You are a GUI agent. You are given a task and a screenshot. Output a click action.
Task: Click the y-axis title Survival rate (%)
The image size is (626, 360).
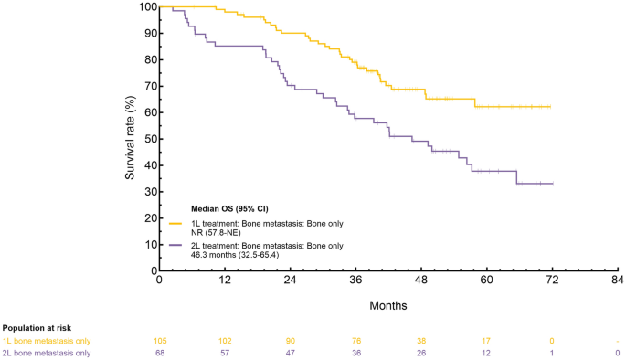(x=130, y=138)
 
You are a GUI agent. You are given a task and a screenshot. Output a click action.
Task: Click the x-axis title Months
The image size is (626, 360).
(x=388, y=306)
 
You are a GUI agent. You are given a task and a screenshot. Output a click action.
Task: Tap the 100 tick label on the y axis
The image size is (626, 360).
(x=147, y=6)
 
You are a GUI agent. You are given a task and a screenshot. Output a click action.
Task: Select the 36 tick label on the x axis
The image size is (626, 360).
(x=355, y=280)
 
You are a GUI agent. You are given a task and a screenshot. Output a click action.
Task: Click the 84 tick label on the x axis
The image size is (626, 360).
(x=618, y=280)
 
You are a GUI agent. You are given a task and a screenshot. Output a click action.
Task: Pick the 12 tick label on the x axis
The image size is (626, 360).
(x=225, y=280)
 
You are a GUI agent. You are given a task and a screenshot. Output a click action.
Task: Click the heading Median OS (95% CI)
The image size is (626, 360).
(x=229, y=208)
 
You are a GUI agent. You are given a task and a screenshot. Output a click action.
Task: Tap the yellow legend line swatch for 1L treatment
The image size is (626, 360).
(x=175, y=224)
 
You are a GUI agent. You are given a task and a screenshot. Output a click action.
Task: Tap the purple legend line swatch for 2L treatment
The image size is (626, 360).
(x=175, y=246)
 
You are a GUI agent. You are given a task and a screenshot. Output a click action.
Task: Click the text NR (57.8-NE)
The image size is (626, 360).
(x=216, y=232)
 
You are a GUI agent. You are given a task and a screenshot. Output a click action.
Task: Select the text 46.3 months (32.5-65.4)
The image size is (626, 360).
(x=235, y=254)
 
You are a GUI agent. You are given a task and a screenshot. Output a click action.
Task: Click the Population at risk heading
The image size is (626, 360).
(x=37, y=328)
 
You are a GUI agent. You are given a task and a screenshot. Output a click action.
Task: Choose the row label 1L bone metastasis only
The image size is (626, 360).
(x=47, y=341)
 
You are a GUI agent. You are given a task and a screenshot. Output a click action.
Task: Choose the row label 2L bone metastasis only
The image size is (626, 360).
(x=47, y=354)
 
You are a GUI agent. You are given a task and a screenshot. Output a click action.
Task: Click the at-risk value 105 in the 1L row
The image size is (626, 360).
(x=160, y=341)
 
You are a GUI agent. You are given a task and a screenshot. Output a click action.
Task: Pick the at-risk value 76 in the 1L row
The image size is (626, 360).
(x=356, y=341)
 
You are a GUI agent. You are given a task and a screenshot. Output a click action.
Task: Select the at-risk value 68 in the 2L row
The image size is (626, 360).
(x=160, y=354)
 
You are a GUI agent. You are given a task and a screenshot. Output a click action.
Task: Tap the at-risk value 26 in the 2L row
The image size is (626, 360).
(x=421, y=354)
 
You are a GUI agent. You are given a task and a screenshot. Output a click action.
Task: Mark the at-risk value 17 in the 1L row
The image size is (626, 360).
(x=487, y=341)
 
